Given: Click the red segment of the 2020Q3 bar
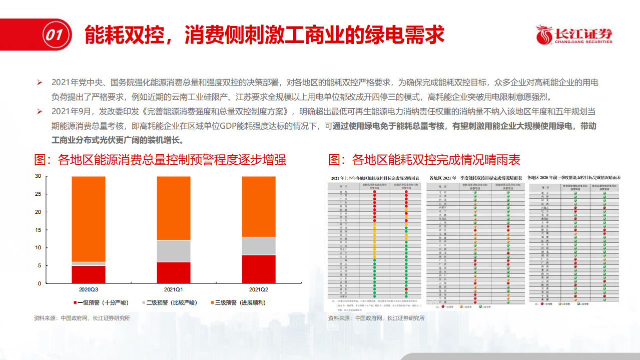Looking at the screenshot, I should coord(89,274).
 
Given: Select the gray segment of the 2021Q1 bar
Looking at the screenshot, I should coord(174,251).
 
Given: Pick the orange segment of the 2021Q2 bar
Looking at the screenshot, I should coord(258,206).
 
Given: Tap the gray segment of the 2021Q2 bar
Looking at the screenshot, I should coord(258,246).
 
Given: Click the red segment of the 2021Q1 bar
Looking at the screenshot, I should coord(174,272).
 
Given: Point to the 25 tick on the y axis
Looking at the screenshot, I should coord(38,194).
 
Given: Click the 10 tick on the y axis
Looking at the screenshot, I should coord(38,248).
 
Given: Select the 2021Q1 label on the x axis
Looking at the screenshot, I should coord(174,290).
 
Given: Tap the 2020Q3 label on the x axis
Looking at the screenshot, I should coord(89,290).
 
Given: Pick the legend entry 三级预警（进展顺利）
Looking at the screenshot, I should coord(238,303).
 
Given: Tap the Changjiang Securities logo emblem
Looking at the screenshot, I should coord(544,35).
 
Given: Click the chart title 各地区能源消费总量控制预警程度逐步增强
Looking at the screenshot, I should coord(160,160).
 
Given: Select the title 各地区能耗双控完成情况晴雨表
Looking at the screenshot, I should coord(424,160).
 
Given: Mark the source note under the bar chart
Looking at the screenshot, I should coord(82,318).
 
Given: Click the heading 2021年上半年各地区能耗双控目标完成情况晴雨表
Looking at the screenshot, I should coord(375,178).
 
